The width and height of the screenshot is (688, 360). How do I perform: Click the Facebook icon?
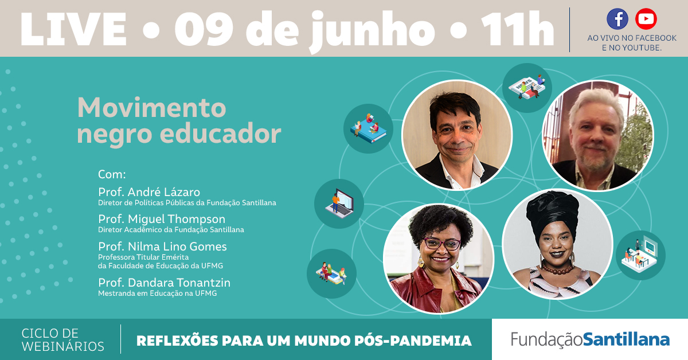[617, 19]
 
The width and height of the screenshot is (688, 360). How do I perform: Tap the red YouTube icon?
[646, 19]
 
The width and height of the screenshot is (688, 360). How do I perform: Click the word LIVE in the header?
[73, 29]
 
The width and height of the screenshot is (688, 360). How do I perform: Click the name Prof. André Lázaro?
[149, 192]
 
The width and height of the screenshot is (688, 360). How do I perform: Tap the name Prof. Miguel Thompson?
[162, 219]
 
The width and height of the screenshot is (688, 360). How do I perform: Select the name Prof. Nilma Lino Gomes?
[162, 246]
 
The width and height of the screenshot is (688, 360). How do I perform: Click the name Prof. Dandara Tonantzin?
[165, 283]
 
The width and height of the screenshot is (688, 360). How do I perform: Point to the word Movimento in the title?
[152, 108]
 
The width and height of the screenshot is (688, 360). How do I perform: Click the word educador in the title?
[221, 134]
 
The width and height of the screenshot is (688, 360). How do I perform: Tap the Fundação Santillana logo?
[590, 339]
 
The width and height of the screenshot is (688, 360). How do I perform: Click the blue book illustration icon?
[368, 129]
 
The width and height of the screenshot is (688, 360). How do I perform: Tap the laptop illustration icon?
[339, 204]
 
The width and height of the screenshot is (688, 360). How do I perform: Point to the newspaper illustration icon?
[527, 88]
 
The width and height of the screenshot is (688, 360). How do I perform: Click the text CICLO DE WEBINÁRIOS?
[63, 340]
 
